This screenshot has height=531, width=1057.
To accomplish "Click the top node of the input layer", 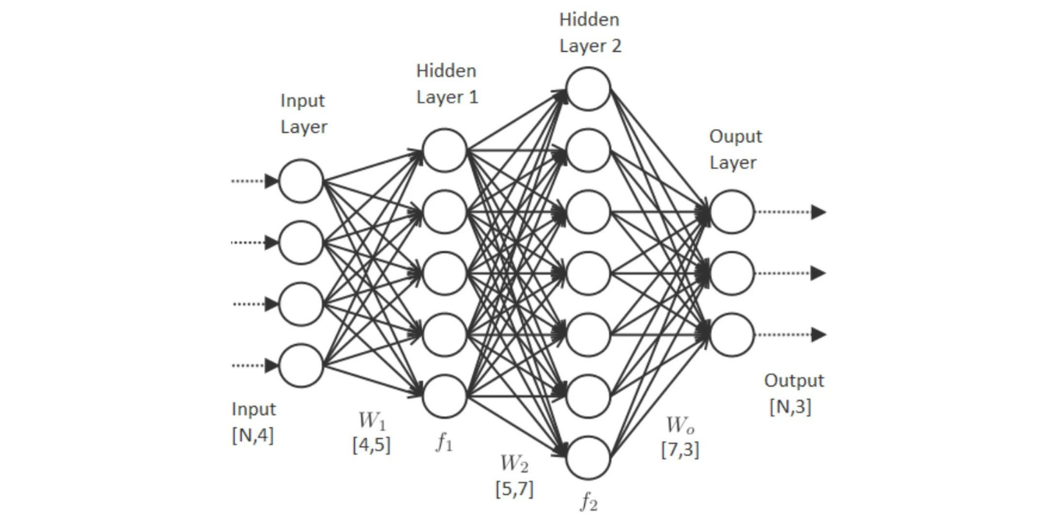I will coord(301,181).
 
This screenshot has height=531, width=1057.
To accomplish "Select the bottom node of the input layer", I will coord(301,365).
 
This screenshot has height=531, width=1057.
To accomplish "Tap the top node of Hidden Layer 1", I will coord(445,150).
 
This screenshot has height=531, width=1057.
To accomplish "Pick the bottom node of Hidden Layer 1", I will coord(445,396).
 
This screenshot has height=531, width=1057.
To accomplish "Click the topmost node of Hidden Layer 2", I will coord(589,89).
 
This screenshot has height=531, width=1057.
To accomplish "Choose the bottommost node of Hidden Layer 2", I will coord(589,458).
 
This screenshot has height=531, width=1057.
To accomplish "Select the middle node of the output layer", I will coord(732,274).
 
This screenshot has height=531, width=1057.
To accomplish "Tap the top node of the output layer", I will coord(732,212).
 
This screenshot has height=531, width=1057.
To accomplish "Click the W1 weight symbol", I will coord(371,421).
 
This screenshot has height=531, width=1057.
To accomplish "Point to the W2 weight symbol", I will coord(514,464).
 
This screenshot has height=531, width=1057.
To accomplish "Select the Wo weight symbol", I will coord(680,425).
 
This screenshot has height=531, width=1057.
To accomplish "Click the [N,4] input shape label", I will coord(253,435).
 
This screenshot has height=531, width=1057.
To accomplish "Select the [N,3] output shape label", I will coord(791,406).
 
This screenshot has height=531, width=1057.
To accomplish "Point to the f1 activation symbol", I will coord(444,443).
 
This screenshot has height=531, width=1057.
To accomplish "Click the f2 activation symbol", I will coord(589,502).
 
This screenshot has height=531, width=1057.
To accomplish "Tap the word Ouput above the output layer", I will coord(735,137).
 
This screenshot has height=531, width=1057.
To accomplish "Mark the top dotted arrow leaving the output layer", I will coord(791,212).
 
